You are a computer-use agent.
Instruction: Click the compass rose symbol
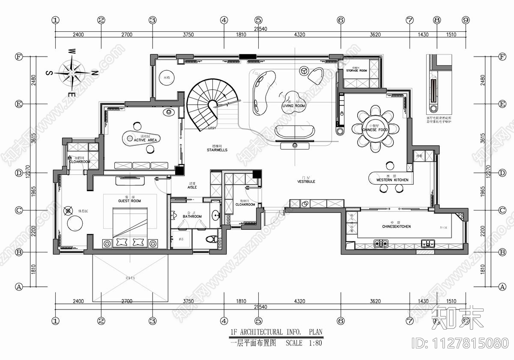point(72,72)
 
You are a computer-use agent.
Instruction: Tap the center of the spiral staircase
point(212,104)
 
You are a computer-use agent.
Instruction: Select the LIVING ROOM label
point(293,106)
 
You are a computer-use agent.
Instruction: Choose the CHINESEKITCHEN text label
point(396,226)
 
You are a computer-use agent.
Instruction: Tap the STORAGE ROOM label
point(357,70)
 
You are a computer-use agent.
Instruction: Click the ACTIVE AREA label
point(145,140)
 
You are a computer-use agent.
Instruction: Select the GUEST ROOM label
point(129,201)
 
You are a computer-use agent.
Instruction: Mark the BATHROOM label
point(192,216)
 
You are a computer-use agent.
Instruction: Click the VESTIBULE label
point(306,182)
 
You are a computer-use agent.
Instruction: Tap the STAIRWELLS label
point(217,150)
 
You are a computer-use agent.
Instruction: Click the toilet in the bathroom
point(210,239)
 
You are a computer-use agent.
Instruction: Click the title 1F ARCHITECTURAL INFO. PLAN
point(276,332)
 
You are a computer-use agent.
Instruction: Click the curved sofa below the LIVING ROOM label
point(294,132)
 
